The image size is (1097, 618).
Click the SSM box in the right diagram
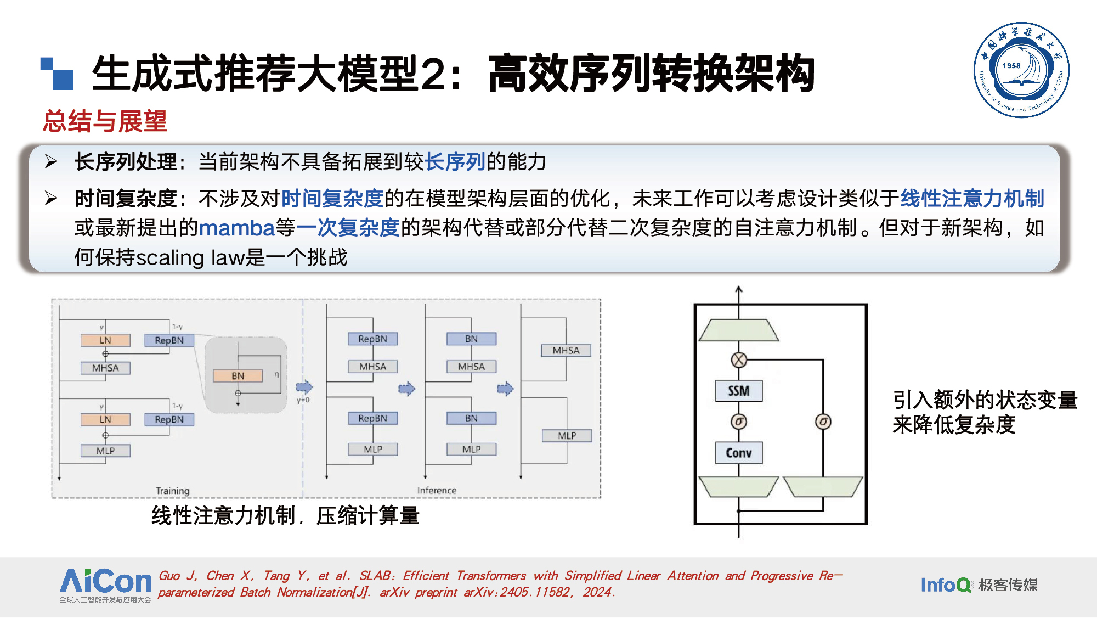(738, 391)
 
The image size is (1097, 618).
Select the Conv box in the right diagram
(738, 453)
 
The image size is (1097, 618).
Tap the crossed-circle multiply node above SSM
(739, 360)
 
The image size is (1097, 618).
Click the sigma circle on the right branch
(823, 422)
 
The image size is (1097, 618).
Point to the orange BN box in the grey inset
(238, 376)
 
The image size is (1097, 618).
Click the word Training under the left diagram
(172, 491)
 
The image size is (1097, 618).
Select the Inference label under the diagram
(437, 491)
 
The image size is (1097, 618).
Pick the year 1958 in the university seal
(1011, 66)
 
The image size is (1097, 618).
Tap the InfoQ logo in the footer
(945, 585)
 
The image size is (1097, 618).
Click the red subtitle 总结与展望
(105, 121)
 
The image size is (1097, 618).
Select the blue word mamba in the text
(236, 228)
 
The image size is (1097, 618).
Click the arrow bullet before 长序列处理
(51, 161)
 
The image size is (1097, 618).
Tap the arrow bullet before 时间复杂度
(51, 198)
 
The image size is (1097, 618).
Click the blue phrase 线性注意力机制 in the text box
(971, 198)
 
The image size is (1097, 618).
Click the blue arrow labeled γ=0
(304, 387)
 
